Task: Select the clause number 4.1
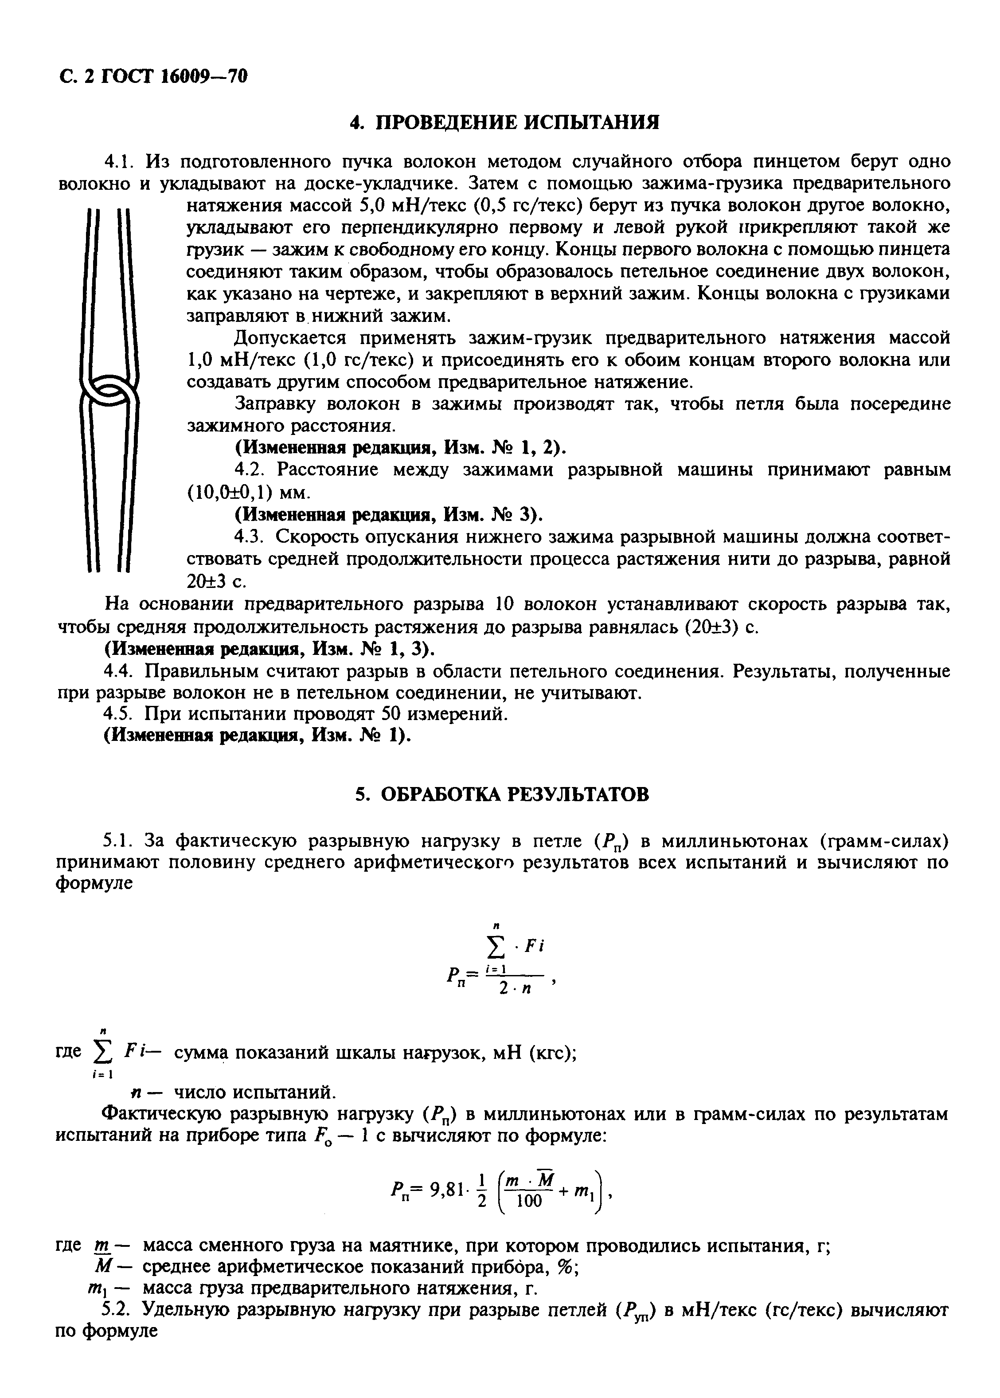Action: (120, 162)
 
